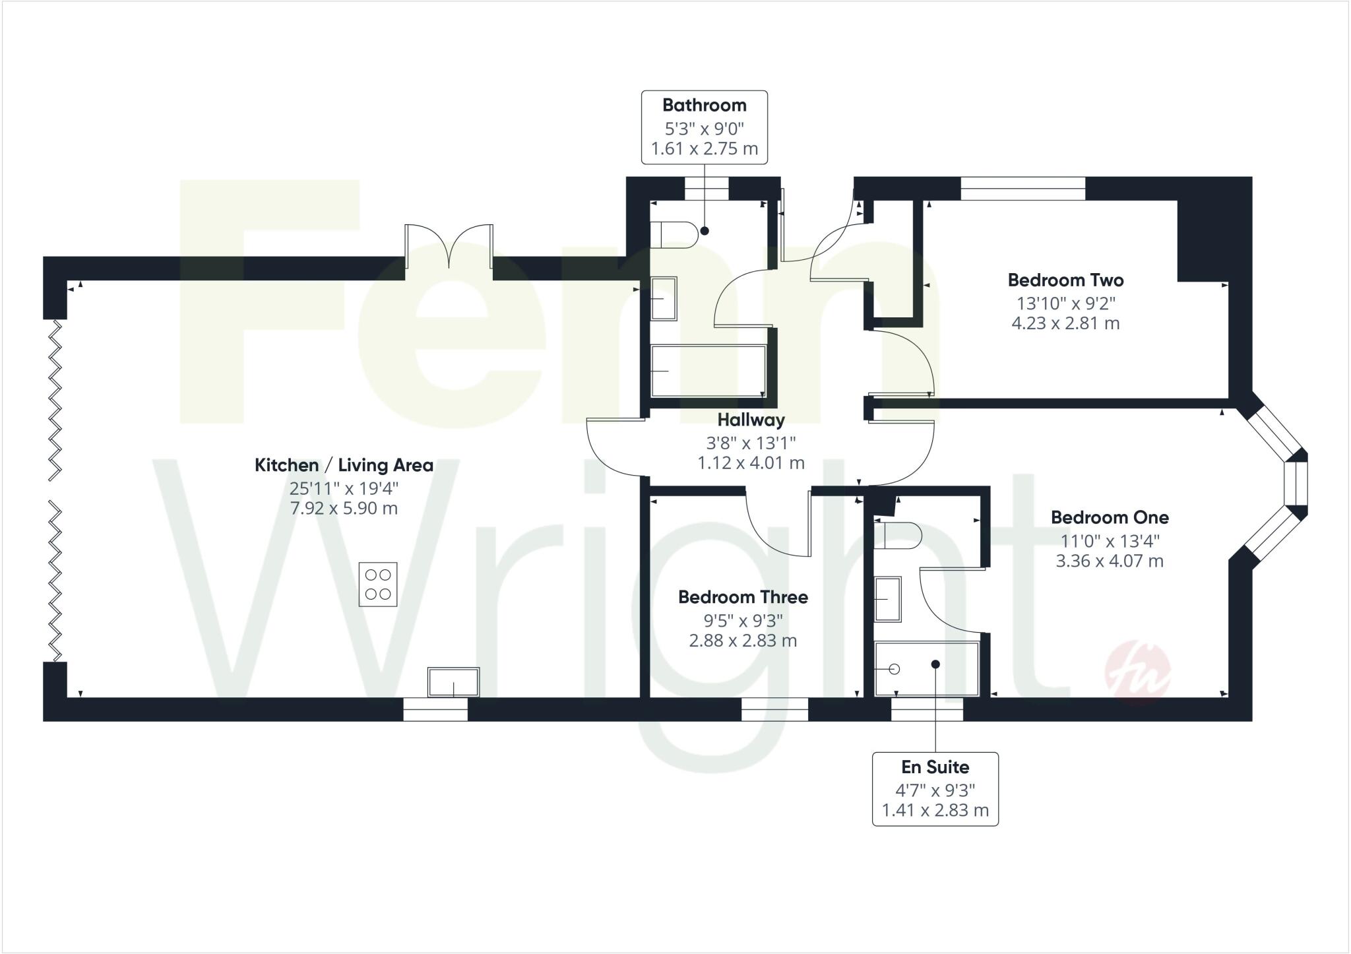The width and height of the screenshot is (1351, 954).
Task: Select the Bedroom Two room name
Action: (x=1065, y=280)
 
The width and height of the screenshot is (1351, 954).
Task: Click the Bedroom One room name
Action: (x=1110, y=518)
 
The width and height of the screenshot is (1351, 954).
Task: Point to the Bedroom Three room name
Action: (x=743, y=598)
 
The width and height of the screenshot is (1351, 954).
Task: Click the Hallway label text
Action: (x=751, y=420)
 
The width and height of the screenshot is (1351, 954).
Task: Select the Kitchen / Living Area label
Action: (x=344, y=466)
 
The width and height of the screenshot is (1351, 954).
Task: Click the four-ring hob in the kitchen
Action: (x=378, y=584)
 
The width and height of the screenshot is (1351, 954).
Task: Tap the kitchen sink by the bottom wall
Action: (x=453, y=682)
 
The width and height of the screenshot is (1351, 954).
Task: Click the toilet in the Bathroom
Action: (x=674, y=235)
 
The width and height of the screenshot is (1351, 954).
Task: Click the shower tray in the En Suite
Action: (x=926, y=669)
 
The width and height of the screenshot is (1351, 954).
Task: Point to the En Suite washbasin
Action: (x=888, y=599)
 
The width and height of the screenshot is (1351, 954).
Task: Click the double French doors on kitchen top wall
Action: (x=449, y=247)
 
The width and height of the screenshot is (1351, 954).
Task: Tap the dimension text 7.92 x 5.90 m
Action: (x=344, y=509)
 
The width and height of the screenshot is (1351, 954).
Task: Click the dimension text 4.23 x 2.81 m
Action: (x=1065, y=324)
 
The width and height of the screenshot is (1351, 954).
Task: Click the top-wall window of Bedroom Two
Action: (x=1022, y=189)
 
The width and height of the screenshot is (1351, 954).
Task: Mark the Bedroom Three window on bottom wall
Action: (x=774, y=709)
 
